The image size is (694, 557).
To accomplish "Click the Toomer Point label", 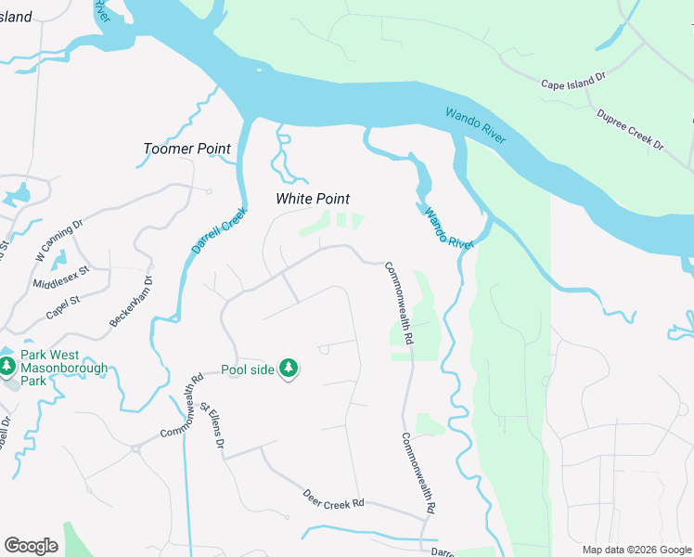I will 186,149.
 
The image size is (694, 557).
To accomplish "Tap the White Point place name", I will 313,199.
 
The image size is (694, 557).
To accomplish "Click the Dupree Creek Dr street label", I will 631,130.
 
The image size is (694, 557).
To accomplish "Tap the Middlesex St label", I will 59,277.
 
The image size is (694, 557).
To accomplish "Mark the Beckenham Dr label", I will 132,299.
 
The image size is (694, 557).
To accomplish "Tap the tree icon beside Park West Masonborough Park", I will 7,367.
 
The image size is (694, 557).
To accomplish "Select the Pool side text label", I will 248,369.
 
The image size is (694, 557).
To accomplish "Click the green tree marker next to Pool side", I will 289,369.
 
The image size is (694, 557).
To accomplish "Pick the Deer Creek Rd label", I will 333,502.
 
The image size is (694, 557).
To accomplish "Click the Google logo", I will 31,546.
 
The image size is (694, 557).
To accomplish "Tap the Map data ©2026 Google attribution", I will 636,550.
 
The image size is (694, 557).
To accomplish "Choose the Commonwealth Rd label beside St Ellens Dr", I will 182,408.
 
